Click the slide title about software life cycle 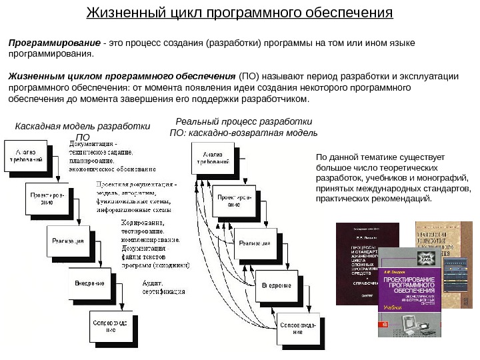(x=240, y=13)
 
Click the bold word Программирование (x=50, y=43)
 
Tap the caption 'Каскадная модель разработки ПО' (x=83, y=131)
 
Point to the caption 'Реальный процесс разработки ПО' (x=243, y=127)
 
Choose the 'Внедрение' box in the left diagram (x=89, y=283)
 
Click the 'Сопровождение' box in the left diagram (x=111, y=327)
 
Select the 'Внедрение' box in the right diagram (x=275, y=285)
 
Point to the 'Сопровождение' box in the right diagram (x=297, y=327)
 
